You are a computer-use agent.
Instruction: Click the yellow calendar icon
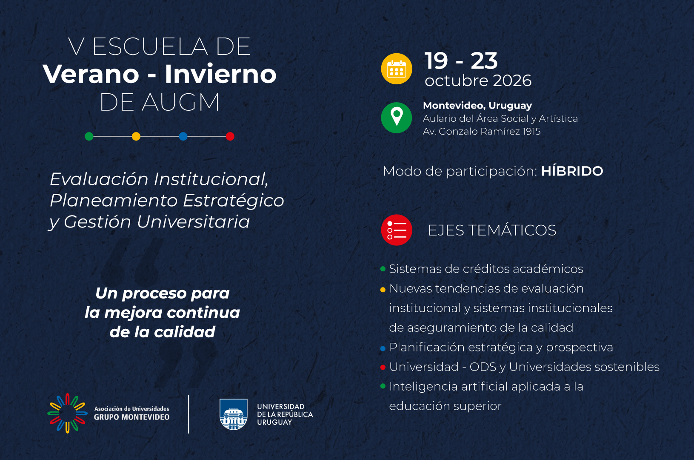[397, 69]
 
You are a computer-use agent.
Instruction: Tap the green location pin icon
[397, 118]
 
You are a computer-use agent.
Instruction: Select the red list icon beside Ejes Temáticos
[397, 230]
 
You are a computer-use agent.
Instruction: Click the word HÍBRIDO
[572, 171]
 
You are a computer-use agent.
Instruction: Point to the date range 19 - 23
[461, 60]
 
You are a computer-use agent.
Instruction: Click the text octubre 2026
[478, 80]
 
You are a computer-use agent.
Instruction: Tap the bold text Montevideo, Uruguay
[477, 106]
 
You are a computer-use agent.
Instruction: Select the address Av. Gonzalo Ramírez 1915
[482, 132]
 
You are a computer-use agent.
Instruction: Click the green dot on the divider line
[89, 136]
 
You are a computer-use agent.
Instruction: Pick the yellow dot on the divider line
[136, 136]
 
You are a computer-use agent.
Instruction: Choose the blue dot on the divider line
[183, 136]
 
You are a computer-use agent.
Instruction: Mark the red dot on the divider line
[230, 136]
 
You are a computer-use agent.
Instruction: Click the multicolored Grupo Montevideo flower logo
[68, 413]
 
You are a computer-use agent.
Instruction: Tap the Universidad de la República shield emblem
[234, 414]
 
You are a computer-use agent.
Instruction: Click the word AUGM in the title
[180, 102]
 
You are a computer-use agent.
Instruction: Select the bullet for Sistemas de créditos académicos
[383, 269]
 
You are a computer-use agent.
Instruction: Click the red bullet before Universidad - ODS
[383, 367]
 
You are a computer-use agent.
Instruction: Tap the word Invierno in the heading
[220, 74]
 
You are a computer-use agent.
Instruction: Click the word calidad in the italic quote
[185, 332]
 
